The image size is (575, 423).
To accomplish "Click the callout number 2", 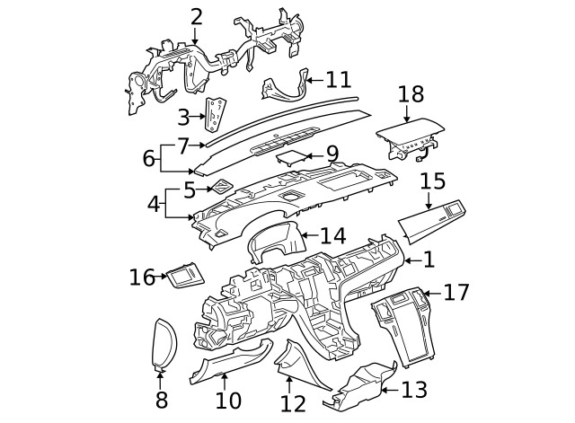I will tap(196, 15).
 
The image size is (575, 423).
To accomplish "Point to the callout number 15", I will tap(432, 181).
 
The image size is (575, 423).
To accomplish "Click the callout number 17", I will tap(456, 292).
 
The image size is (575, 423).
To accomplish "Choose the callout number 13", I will tap(415, 390).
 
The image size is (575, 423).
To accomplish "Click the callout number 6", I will tap(148, 158).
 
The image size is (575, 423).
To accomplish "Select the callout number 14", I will tap(332, 236).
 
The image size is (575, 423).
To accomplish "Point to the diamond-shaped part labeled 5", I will tap(219, 188).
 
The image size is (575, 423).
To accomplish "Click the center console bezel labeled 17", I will tap(402, 323).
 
